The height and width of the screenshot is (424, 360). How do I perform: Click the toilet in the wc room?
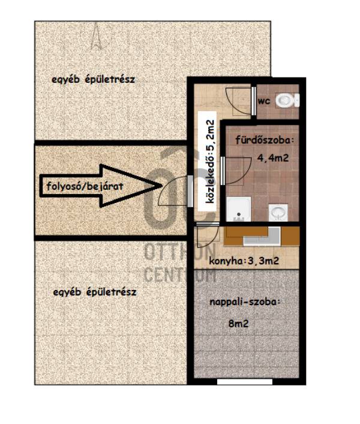pos(287,100)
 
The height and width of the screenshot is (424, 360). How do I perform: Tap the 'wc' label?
pos(264,101)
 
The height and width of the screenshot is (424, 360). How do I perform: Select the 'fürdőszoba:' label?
pos(264,141)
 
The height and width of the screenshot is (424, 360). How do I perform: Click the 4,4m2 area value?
pos(273,157)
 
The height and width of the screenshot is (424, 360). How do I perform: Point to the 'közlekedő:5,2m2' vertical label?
pos(210,162)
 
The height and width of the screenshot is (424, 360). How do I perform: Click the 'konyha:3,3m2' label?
pos(244,261)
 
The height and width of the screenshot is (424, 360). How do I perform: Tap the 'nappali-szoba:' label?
pos(245,301)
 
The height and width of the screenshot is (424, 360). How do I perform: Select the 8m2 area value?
pos(238,323)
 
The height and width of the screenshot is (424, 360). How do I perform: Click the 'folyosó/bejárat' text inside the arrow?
pos(85,186)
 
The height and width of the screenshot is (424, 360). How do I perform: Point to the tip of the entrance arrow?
pos(162,186)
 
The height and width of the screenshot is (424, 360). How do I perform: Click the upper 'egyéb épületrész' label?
pos(93,80)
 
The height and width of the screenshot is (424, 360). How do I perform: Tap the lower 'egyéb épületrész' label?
pos(95,292)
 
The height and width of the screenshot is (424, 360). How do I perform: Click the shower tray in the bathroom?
pos(239,209)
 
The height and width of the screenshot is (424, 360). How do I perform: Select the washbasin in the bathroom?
pos(278,213)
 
